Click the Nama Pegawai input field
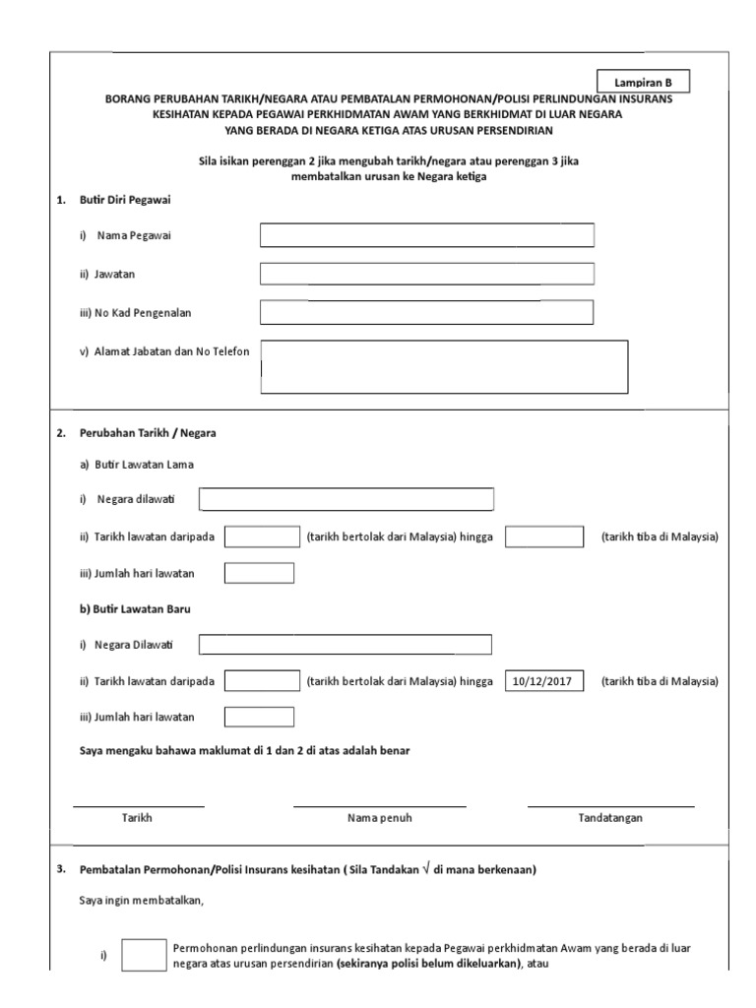(426, 235)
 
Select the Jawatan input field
(426, 274)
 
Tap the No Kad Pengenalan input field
(426, 312)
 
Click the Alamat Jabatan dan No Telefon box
(444, 366)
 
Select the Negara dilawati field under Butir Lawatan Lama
(346, 500)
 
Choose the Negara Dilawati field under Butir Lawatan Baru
(345, 645)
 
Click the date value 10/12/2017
(544, 681)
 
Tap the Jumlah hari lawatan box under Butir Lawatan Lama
(259, 573)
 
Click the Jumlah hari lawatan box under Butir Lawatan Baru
(259, 717)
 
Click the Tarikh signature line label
(137, 818)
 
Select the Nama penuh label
(379, 818)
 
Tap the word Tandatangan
(610, 818)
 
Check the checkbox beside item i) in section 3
(143, 955)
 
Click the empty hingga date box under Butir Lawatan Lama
(544, 536)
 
